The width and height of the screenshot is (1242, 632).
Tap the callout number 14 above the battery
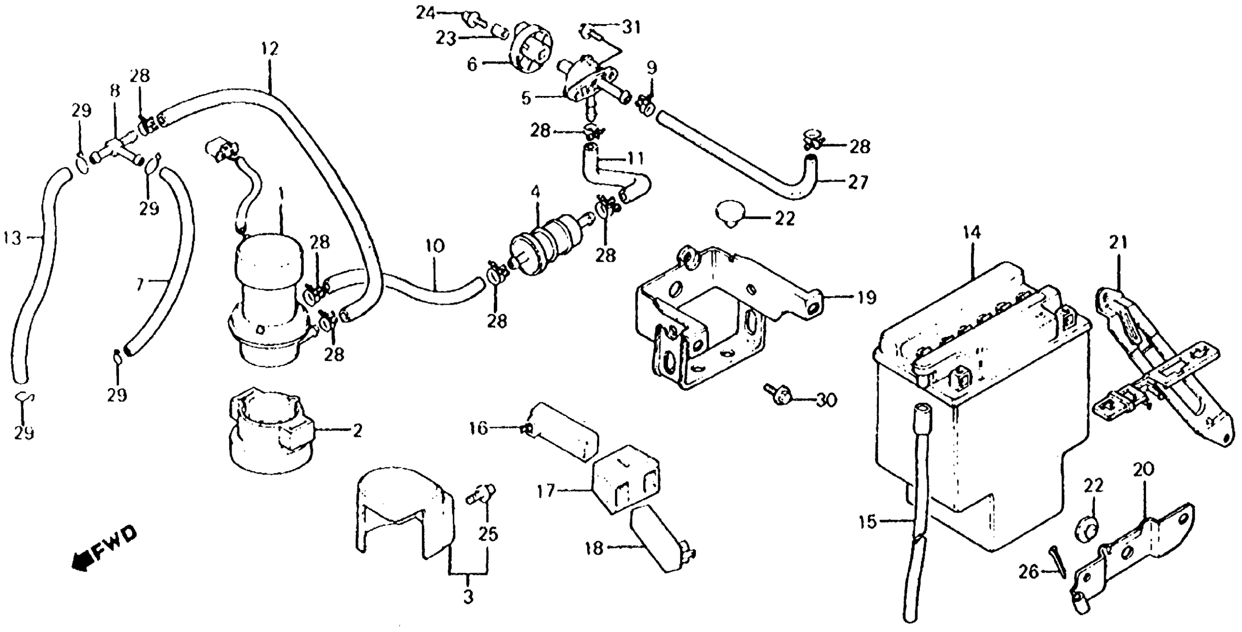click(972, 233)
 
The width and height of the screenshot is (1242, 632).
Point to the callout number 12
click(270, 49)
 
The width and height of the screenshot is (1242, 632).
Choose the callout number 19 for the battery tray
click(866, 298)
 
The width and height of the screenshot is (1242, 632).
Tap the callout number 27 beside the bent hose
click(858, 183)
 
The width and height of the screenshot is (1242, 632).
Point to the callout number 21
click(1118, 243)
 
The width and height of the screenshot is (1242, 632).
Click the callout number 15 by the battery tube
click(868, 522)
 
